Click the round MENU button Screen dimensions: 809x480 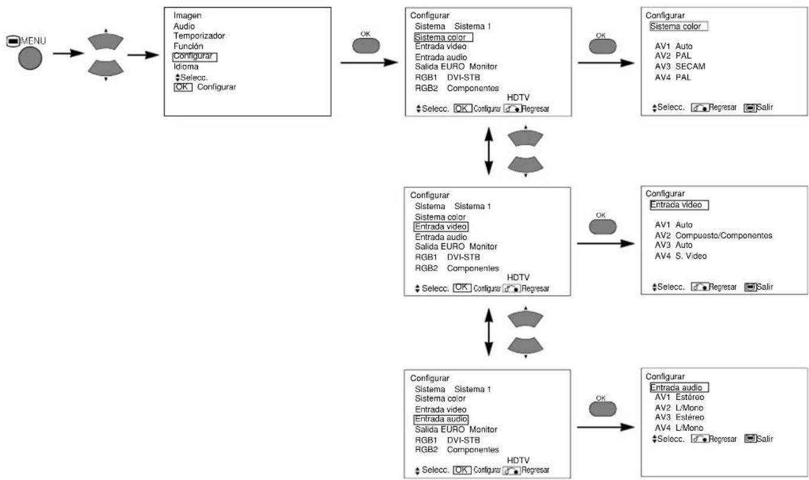point(30,58)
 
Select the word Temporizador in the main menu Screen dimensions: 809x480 point(199,36)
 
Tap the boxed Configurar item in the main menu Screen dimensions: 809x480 point(195,57)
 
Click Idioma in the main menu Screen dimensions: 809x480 point(186,67)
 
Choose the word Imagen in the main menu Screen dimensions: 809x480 point(187,15)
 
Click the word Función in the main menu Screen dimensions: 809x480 point(188,46)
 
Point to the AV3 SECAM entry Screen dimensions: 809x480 point(680,66)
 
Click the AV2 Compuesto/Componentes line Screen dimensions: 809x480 point(714,236)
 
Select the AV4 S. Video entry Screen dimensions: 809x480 point(680,256)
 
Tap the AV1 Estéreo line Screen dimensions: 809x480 point(679,397)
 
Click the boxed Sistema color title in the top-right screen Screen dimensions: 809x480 point(679,26)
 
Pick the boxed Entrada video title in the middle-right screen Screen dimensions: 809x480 point(679,205)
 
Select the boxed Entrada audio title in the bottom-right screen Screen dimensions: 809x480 point(679,387)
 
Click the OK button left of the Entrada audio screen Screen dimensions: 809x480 point(602,409)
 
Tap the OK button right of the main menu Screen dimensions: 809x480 point(366,46)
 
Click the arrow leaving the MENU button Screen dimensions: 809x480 point(69,53)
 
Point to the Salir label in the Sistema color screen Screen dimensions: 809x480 point(765,107)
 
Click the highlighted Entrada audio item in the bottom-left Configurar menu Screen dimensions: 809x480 point(440,419)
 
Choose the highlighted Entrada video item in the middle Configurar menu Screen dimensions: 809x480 point(440,227)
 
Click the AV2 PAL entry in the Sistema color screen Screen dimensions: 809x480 point(673,56)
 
